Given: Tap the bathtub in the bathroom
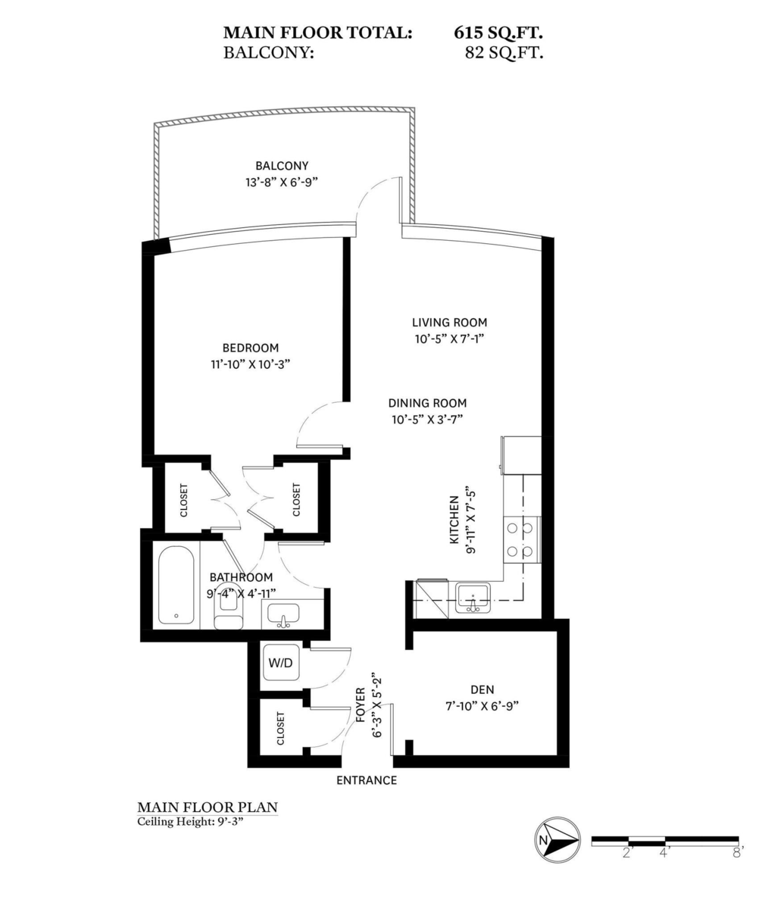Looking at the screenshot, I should pos(176,586).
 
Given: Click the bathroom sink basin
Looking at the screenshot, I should pos(284,615).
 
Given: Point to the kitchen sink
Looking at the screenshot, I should pos(473,598).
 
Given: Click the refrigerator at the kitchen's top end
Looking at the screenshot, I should pos(521,455).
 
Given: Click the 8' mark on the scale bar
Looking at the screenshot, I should pos(738,852).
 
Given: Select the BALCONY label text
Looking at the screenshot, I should pos(282,166).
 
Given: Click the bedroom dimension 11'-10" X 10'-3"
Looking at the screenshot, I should pos(250,364).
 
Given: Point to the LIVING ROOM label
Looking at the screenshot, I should pos(449,322).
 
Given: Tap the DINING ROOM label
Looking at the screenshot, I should pos(427,403).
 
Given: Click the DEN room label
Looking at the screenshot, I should pos(482,689).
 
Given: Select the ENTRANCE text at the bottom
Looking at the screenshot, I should pos(367,780).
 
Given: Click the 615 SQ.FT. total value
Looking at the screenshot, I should pos(498,33).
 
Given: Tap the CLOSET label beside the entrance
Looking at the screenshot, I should pos(281,728).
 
